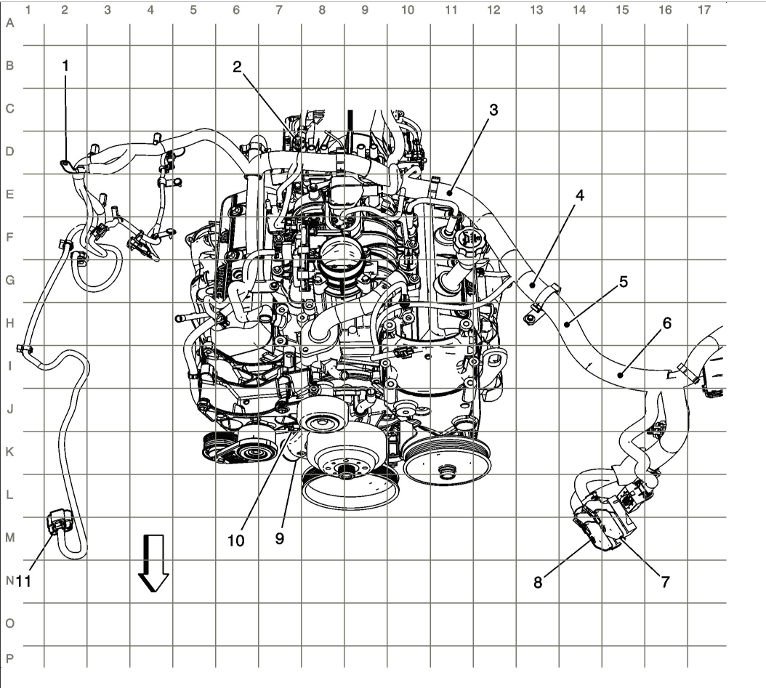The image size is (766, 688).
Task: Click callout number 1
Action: (x=65, y=65)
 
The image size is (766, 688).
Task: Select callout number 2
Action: (x=237, y=67)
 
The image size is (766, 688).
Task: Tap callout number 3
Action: (x=493, y=110)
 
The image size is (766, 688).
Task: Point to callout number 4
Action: (x=579, y=195)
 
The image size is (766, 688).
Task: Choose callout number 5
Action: (x=624, y=280)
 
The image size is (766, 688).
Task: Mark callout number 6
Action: (x=667, y=324)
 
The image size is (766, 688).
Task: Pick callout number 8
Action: (x=538, y=583)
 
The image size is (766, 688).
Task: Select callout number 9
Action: (x=280, y=539)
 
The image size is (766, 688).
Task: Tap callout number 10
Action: (x=237, y=541)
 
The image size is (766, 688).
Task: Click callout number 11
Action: (x=23, y=581)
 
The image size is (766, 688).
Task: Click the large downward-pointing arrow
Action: (x=154, y=563)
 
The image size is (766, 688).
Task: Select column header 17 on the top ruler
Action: (x=703, y=10)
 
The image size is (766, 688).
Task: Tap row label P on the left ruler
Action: (x=9, y=658)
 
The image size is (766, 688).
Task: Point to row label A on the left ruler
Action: (x=9, y=23)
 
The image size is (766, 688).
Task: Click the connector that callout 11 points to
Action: (x=57, y=522)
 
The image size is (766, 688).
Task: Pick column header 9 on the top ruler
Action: (x=365, y=10)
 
